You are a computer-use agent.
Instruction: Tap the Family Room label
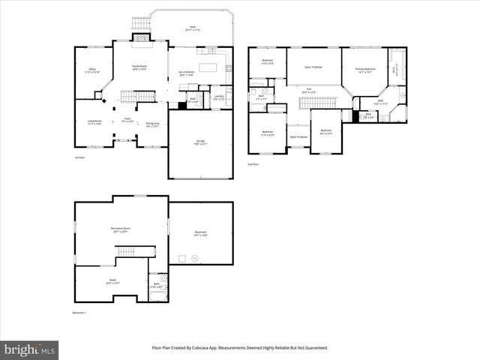pos(140,67)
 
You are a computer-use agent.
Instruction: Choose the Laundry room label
pos(218,97)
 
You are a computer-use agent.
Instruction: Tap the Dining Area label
pos(152,124)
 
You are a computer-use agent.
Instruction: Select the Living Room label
pos(94,121)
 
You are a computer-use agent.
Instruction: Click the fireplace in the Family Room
pos(140,37)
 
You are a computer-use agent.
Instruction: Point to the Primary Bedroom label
pos(364,70)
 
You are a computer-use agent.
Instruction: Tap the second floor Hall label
pos(308,91)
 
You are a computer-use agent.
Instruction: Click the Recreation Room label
pos(121,229)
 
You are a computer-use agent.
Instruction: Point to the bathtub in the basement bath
pos(156,295)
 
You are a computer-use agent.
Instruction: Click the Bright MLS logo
pos(29,350)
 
